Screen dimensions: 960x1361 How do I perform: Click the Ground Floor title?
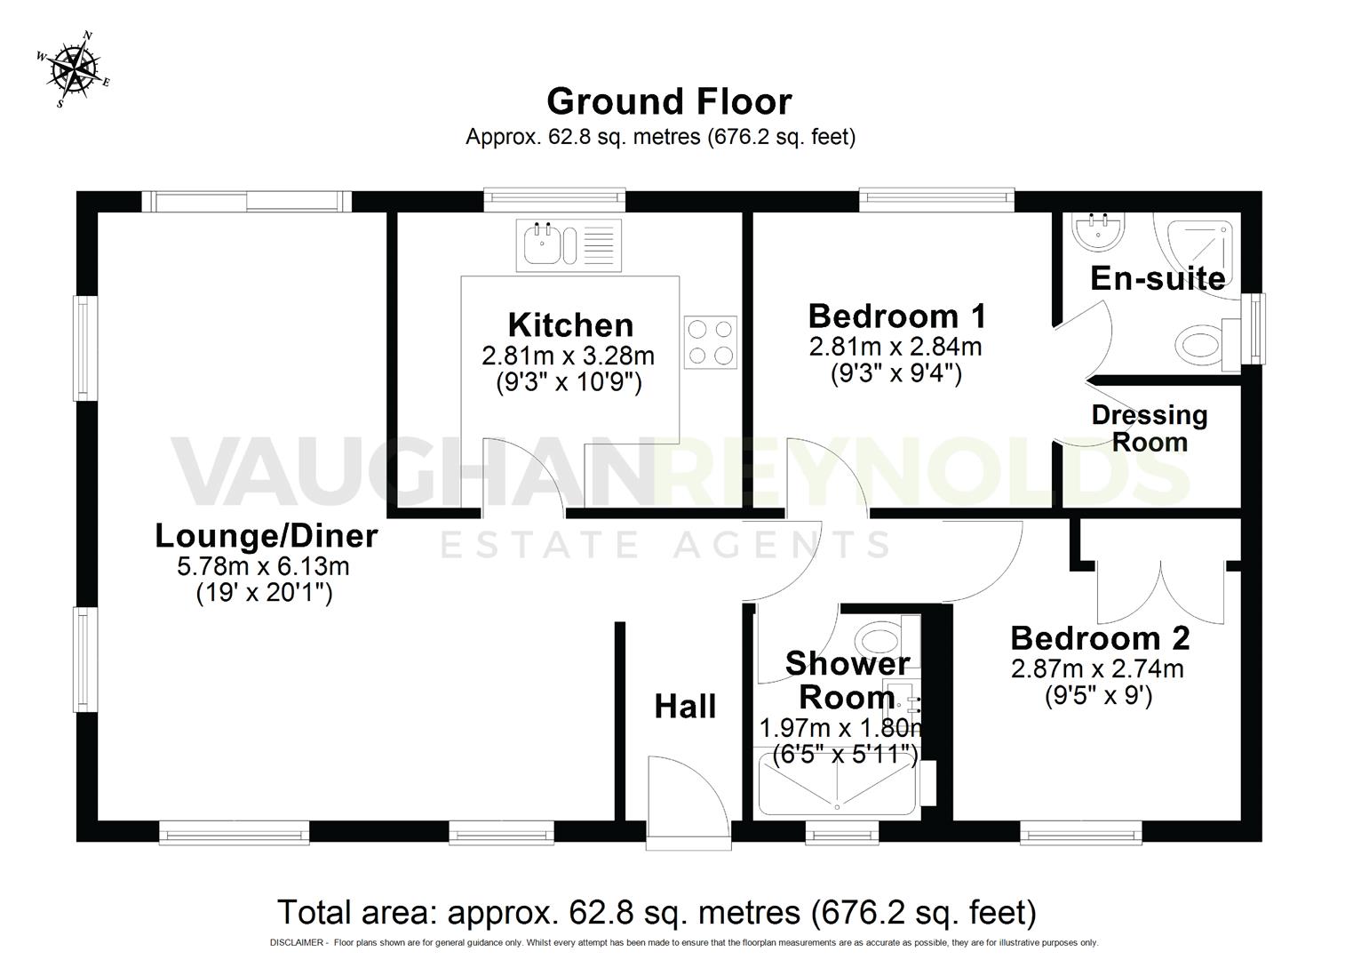tap(668, 101)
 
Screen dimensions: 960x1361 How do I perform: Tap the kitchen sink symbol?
tap(569, 244)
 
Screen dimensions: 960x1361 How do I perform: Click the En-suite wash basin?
tap(1098, 232)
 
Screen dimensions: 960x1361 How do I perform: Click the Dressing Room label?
tap(1150, 428)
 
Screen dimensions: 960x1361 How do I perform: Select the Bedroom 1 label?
tap(896, 316)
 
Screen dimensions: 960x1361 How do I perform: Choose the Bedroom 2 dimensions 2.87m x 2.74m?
tap(1097, 668)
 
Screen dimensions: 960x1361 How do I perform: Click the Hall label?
tap(685, 707)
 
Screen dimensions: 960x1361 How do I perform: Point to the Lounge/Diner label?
tap(266, 536)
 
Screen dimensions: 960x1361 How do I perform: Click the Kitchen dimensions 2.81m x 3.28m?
tap(568, 356)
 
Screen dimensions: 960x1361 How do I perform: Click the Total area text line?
tap(657, 912)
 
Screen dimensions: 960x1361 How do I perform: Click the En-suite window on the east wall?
tap(1254, 329)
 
